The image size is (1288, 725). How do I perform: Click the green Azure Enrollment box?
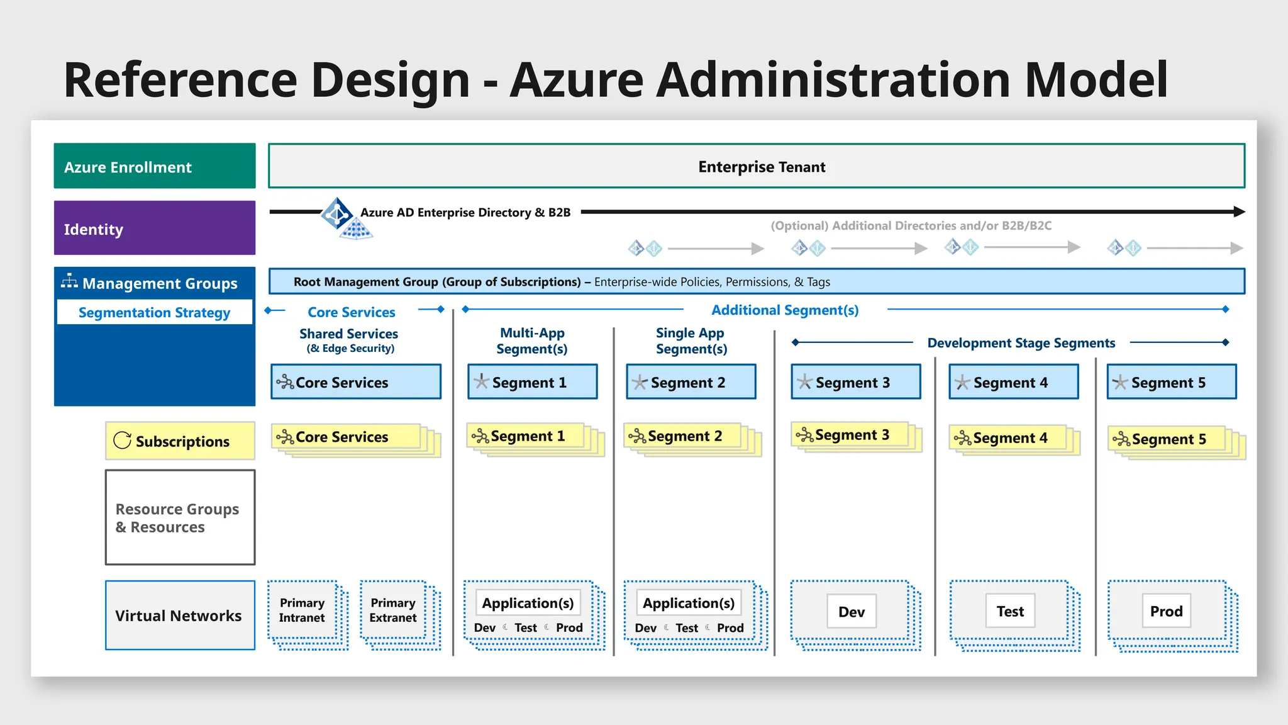pyautogui.click(x=154, y=166)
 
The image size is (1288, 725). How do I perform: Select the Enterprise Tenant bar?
pyautogui.click(x=756, y=166)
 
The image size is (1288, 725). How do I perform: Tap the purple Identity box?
pyautogui.click(x=154, y=228)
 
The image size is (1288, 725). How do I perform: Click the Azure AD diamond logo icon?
pyautogui.click(x=337, y=214)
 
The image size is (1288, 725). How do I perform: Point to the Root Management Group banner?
pyautogui.click(x=756, y=281)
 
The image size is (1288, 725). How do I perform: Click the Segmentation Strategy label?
pyautogui.click(x=154, y=312)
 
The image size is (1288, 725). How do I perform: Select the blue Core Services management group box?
pyautogui.click(x=355, y=382)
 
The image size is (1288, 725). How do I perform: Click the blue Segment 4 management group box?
pyautogui.click(x=1013, y=382)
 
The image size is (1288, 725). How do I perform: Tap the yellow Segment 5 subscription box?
pyautogui.click(x=1167, y=439)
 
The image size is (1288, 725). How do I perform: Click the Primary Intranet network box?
pyautogui.click(x=303, y=610)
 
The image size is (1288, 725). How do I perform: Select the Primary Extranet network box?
pyautogui.click(x=393, y=610)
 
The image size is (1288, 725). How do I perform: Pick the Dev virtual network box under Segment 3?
pyautogui.click(x=851, y=611)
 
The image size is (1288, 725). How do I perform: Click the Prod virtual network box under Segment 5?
pyautogui.click(x=1166, y=611)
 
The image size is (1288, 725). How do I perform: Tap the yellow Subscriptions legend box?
pyautogui.click(x=180, y=441)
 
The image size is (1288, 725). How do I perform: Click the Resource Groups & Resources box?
pyautogui.click(x=180, y=517)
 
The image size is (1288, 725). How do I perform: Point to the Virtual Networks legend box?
pyautogui.click(x=180, y=615)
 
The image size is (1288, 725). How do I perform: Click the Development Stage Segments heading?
pyautogui.click(x=1021, y=343)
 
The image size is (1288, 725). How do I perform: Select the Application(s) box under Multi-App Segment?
pyautogui.click(x=528, y=603)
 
